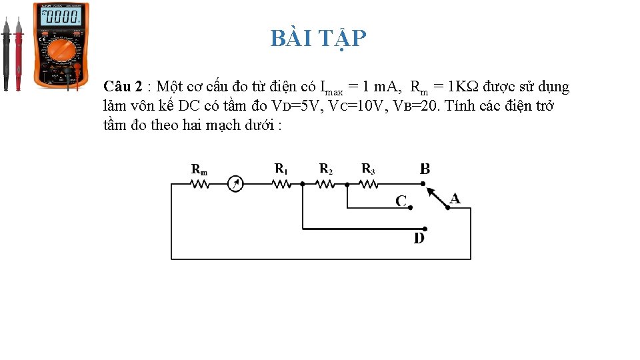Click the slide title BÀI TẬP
[318, 39]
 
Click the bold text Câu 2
[123, 87]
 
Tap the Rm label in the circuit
[199, 170]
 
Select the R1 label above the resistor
[281, 169]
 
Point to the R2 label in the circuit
[325, 169]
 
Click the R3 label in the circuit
[368, 169]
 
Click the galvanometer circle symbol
[235, 184]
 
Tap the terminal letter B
[425, 169]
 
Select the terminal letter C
[401, 201]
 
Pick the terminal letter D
[419, 238]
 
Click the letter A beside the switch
[455, 198]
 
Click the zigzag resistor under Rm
[200, 184]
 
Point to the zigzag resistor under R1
[281, 184]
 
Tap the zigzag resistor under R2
[325, 184]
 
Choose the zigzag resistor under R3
[368, 184]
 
